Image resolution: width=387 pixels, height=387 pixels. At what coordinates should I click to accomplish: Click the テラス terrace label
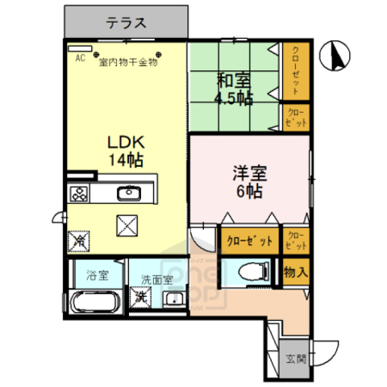pos(127,22)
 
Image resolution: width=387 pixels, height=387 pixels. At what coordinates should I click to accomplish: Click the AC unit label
pos(80,58)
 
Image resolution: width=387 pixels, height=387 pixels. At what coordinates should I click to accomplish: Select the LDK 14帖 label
pos(127,149)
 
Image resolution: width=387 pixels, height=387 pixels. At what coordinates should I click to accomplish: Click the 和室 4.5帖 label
pos(233,89)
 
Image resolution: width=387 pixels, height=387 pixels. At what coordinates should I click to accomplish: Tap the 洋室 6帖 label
pos(250,181)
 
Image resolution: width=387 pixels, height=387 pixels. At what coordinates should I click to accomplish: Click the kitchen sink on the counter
pos(129,193)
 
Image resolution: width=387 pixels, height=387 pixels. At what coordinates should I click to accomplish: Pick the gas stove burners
pos(81,193)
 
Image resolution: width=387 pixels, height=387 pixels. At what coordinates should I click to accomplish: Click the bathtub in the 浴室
pos(95,303)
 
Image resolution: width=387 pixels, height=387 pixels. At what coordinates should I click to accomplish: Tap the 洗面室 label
pos(156,280)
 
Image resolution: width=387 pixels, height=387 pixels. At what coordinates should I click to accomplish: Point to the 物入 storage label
pos(296,273)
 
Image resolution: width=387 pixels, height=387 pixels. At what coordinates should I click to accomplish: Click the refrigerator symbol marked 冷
pos(81,239)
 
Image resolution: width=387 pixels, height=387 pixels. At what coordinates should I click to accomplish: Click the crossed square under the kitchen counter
pos(127,226)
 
